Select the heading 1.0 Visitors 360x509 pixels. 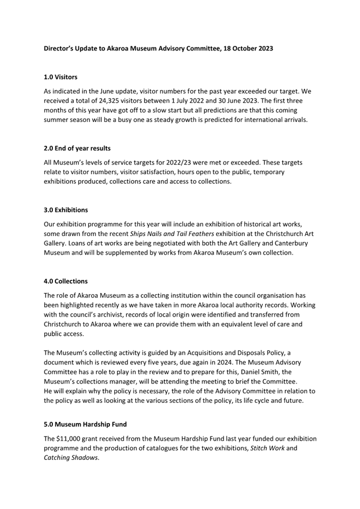pyautogui.click(x=60, y=77)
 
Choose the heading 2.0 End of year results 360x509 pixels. pyautogui.click(x=77, y=148)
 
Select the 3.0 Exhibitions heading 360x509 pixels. pyautogui.click(x=66, y=210)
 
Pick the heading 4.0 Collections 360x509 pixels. pyautogui.click(x=66, y=281)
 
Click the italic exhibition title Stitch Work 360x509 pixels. pyautogui.click(x=268, y=448)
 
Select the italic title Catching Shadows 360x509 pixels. pyautogui.click(x=70, y=458)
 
